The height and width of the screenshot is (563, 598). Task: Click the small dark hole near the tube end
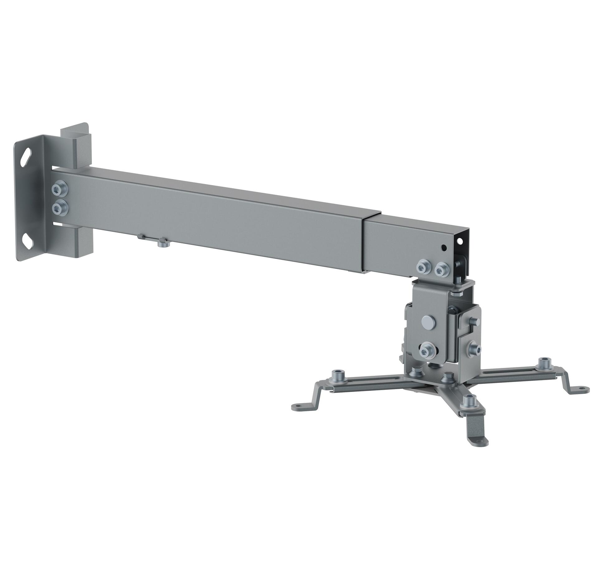coord(444,248)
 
